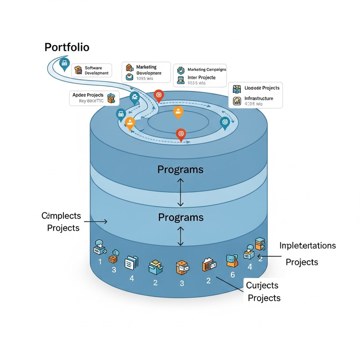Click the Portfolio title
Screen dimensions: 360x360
[67, 47]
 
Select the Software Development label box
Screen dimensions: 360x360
[91, 70]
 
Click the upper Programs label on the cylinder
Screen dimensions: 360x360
[180, 170]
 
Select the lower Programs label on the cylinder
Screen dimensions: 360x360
[180, 217]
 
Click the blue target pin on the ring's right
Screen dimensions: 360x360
[224, 121]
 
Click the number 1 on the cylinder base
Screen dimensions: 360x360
[100, 261]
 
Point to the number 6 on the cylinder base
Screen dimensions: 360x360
[233, 274]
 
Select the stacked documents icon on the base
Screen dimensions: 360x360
[130, 262]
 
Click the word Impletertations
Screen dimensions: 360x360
[307, 246]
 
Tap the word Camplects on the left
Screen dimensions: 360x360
[61, 216]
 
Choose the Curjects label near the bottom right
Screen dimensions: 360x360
[262, 285]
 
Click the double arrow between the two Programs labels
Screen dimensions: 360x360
[180, 192]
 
